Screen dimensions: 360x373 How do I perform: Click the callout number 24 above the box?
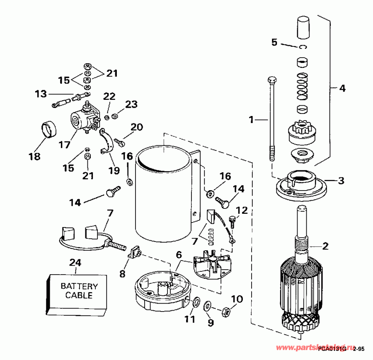(x=76, y=262)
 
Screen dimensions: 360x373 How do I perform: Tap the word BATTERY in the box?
(x=79, y=286)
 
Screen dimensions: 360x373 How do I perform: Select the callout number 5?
(x=274, y=42)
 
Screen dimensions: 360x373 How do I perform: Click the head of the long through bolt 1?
(x=272, y=80)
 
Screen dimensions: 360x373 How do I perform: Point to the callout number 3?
(x=341, y=181)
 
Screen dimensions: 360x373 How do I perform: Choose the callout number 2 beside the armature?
(x=325, y=246)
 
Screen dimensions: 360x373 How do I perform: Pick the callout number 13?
(x=41, y=94)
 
